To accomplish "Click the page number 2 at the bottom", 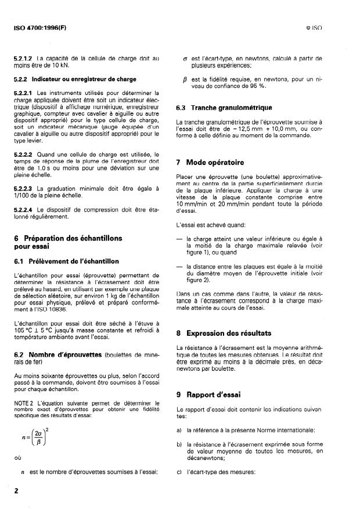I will tap(16, 491).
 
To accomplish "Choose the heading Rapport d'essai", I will tap(221, 395).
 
